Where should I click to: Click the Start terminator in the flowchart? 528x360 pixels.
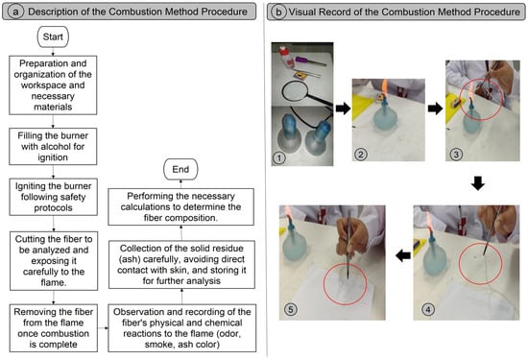[53, 36]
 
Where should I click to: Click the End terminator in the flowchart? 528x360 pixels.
[180, 169]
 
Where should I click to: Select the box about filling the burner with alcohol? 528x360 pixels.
[53, 147]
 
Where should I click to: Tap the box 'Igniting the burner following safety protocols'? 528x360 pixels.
[53, 197]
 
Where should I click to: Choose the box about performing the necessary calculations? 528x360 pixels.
[180, 206]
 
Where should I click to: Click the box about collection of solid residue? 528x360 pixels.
[181, 264]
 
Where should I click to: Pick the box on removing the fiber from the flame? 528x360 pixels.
[54, 328]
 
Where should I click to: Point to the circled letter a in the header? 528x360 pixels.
[15, 12]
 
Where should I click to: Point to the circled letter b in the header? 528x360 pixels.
[278, 12]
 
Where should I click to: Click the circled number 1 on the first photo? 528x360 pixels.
[279, 157]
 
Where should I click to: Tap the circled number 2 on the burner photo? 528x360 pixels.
[361, 155]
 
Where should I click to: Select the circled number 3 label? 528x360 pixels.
[456, 155]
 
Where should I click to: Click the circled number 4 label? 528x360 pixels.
[428, 309]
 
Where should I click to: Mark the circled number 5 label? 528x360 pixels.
[291, 309]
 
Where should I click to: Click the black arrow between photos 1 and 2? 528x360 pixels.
[343, 108]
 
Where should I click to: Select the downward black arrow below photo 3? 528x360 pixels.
[478, 183]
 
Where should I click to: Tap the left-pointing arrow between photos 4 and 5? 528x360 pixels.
[403, 256]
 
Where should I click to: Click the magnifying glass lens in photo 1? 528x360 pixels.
[295, 91]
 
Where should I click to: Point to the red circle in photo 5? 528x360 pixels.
[346, 284]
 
